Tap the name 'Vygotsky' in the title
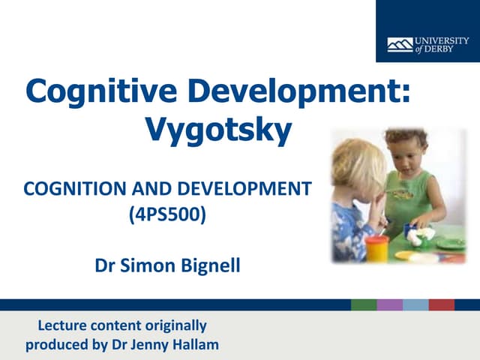click(x=217, y=131)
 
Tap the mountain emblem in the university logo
click(x=400, y=45)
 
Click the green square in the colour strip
click(x=364, y=304)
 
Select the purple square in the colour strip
click(x=390, y=304)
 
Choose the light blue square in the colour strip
click(x=415, y=304)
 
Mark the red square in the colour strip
click(x=442, y=304)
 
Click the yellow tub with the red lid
click(x=376, y=247)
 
